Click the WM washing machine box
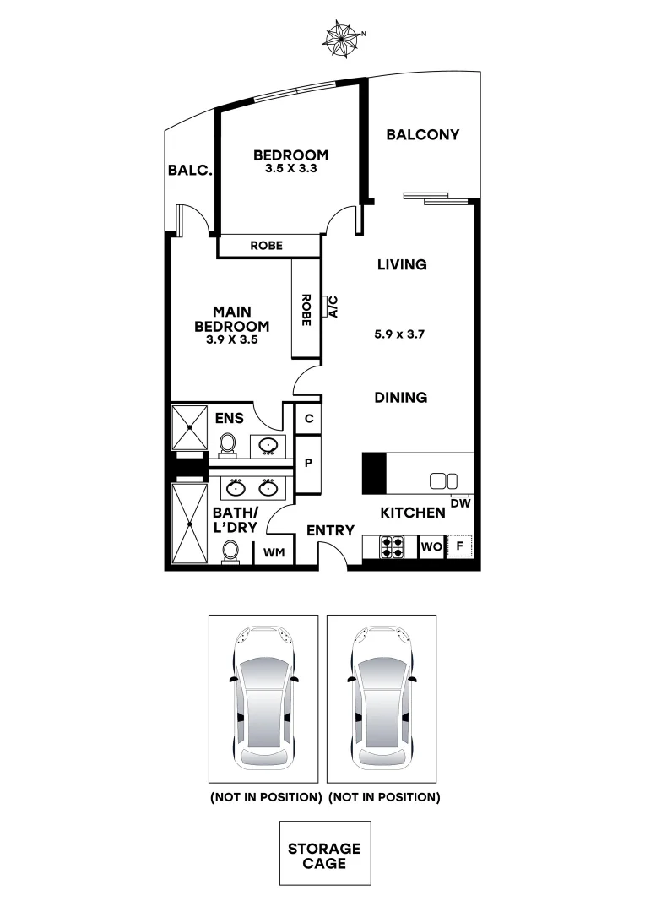[274, 553]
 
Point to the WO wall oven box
[431, 547]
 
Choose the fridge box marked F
[460, 547]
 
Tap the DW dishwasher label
[460, 503]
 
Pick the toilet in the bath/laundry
[230, 552]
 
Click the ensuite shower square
[190, 428]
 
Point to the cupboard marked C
[309, 418]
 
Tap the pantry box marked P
[309, 463]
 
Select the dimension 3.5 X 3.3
[290, 168]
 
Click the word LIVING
[402, 264]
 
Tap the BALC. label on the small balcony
[189, 170]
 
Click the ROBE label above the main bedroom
[267, 246]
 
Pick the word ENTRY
[330, 530]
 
